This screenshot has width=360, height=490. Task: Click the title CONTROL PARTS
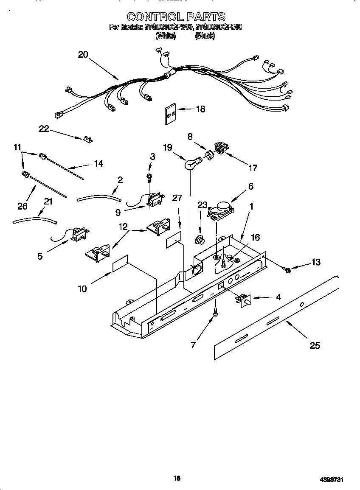click(x=176, y=17)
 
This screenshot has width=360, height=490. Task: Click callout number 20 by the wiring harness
click(x=83, y=54)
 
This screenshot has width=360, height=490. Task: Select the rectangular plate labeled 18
click(x=170, y=113)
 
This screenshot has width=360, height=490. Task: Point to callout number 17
click(x=252, y=168)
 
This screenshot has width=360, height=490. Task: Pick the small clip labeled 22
click(x=88, y=139)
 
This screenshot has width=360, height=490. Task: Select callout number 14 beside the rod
click(x=98, y=163)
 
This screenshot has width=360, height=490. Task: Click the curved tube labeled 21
click(x=35, y=220)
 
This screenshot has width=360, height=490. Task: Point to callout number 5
click(x=39, y=256)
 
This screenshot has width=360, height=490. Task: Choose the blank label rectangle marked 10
click(x=120, y=264)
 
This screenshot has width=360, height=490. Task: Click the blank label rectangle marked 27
click(x=173, y=240)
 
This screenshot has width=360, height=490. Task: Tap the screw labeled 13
click(x=287, y=269)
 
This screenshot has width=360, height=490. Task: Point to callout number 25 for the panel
click(x=315, y=345)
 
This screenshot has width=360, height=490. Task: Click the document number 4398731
click(x=331, y=479)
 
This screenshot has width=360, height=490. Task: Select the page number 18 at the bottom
click(x=177, y=478)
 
